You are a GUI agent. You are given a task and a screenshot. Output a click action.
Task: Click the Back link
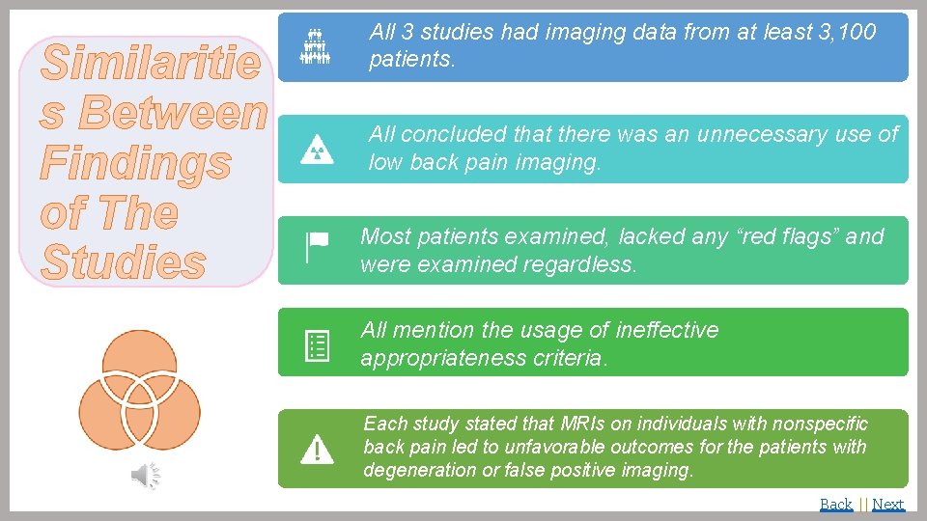pyautogui.click(x=835, y=504)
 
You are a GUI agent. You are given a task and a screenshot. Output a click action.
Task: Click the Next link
pyautogui.click(x=887, y=504)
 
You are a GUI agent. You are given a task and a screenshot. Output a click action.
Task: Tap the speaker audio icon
pyautogui.click(x=146, y=475)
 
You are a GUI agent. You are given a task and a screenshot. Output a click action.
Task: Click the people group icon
pyautogui.click(x=316, y=47)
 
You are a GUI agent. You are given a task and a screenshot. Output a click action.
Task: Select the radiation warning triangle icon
pyautogui.click(x=317, y=150)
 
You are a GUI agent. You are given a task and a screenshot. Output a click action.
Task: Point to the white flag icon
pyautogui.click(x=316, y=248)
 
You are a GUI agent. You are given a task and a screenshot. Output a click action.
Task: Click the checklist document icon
pyautogui.click(x=317, y=344)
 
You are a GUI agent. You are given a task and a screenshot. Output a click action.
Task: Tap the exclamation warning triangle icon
pyautogui.click(x=317, y=449)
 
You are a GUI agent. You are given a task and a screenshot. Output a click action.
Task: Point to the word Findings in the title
pyautogui.click(x=135, y=162)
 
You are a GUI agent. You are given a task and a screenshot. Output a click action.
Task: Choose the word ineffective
pyautogui.click(x=657, y=330)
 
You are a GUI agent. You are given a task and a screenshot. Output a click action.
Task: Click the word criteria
pyautogui.click(x=572, y=359)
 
